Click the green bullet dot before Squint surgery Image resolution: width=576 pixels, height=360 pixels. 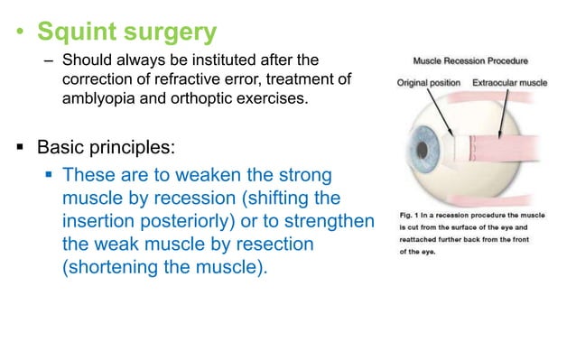point(18,33)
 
